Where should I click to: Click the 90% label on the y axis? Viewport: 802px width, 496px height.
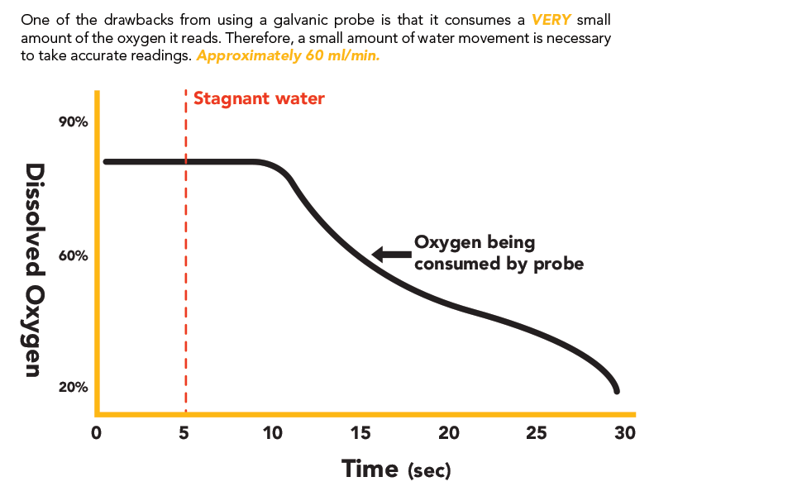click(x=73, y=122)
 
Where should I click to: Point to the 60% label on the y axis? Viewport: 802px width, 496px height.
click(x=73, y=255)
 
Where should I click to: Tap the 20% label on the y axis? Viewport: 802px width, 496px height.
click(x=73, y=387)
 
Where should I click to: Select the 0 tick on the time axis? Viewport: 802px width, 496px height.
click(x=96, y=432)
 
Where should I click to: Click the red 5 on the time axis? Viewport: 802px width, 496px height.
click(x=185, y=432)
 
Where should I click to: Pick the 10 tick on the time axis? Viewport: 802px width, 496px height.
click(x=272, y=432)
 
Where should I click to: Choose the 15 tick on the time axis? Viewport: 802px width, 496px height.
click(x=360, y=432)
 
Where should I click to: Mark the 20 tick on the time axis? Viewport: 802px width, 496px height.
click(x=449, y=432)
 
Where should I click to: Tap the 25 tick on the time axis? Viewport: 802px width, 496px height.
click(x=537, y=432)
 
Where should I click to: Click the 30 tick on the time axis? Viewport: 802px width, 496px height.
click(x=625, y=432)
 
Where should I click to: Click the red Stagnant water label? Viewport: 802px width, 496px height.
click(x=259, y=98)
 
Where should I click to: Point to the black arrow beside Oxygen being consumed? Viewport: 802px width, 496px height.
click(x=389, y=254)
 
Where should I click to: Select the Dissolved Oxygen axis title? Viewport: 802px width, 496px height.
click(x=34, y=269)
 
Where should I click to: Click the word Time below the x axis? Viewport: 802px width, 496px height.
click(x=370, y=468)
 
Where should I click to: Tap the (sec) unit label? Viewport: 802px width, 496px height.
click(x=429, y=471)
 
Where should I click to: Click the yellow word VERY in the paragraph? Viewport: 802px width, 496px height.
click(x=551, y=19)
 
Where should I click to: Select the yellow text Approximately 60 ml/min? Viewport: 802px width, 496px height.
click(x=288, y=57)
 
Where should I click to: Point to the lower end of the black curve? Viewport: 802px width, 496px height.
click(x=616, y=390)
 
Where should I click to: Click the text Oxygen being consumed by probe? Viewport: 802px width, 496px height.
click(x=499, y=254)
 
